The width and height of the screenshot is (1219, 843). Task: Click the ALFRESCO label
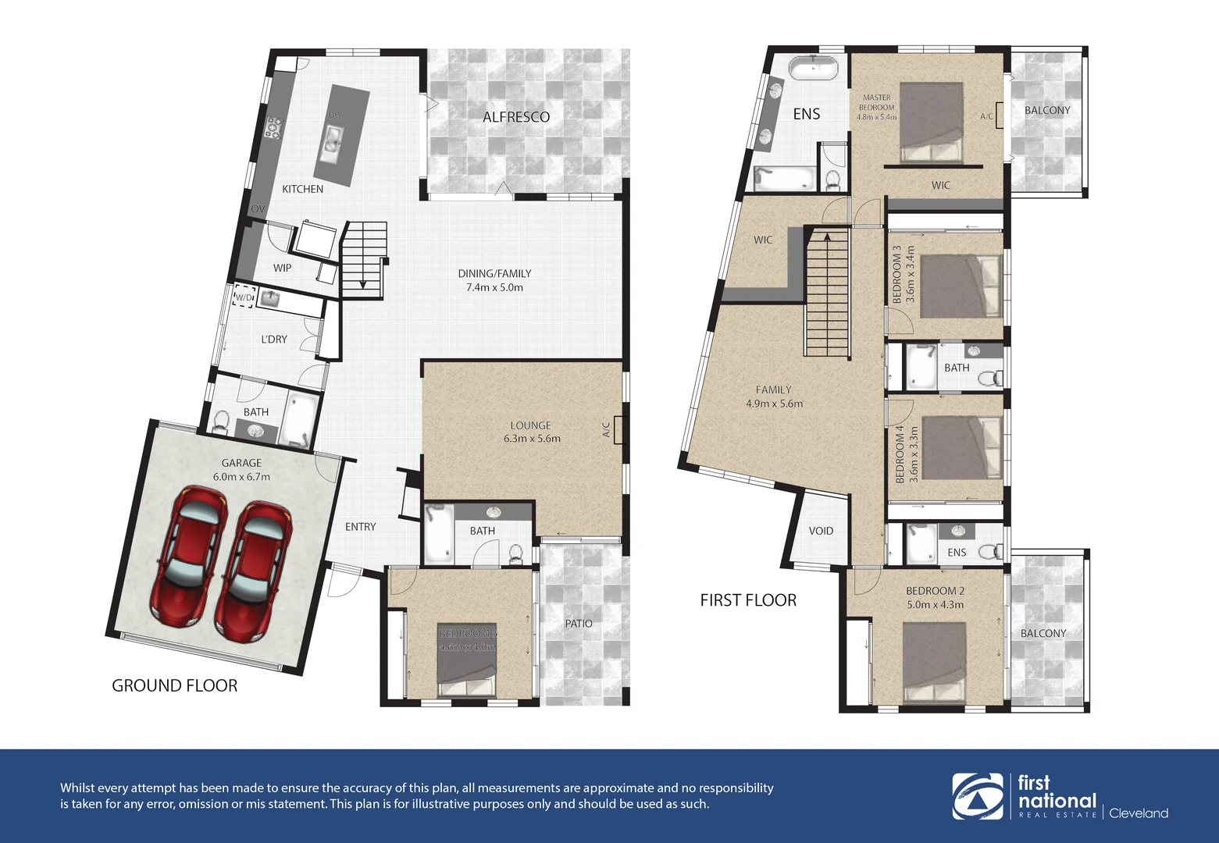click(x=515, y=117)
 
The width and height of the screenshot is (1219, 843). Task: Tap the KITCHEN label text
click(x=302, y=189)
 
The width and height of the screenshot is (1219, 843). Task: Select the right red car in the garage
click(x=252, y=570)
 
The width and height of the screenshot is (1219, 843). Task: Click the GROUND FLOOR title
click(x=174, y=685)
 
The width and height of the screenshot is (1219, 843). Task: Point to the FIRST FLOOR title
click(x=748, y=600)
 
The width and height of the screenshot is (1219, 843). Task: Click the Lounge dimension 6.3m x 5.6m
click(x=532, y=439)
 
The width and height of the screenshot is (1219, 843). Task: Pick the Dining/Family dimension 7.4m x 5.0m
click(x=494, y=287)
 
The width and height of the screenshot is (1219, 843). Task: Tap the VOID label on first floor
click(x=821, y=531)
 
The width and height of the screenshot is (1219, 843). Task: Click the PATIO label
click(x=579, y=623)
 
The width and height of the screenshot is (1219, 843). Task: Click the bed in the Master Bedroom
click(x=931, y=123)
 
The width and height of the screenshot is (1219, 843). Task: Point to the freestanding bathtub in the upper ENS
click(x=813, y=68)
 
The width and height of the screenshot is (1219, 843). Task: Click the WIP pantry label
click(x=282, y=268)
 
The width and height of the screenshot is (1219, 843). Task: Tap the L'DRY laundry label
click(x=274, y=339)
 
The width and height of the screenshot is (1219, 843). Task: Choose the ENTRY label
click(x=360, y=527)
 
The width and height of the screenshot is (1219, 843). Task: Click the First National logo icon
click(x=977, y=796)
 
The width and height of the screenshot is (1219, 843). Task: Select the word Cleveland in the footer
click(x=1139, y=813)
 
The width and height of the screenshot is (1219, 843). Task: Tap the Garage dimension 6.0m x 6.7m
click(x=241, y=476)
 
